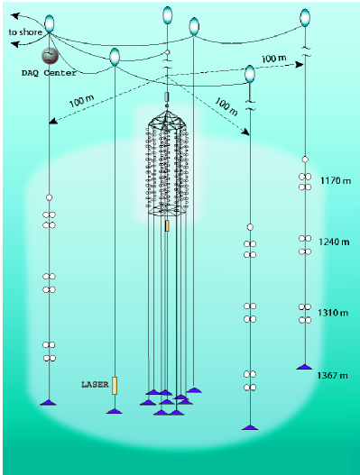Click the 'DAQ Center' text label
tap(51, 72)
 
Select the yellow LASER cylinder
tap(115, 385)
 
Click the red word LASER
tap(95, 385)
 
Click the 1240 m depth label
tap(333, 242)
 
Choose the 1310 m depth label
tap(333, 312)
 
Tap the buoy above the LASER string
tap(115, 57)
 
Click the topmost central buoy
tap(168, 14)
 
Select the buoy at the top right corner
tap(306, 15)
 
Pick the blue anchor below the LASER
tap(115, 411)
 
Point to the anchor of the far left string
tap(49, 401)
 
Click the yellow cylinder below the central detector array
tap(167, 225)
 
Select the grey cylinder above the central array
tap(167, 95)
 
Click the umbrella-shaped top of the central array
tap(167, 117)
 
